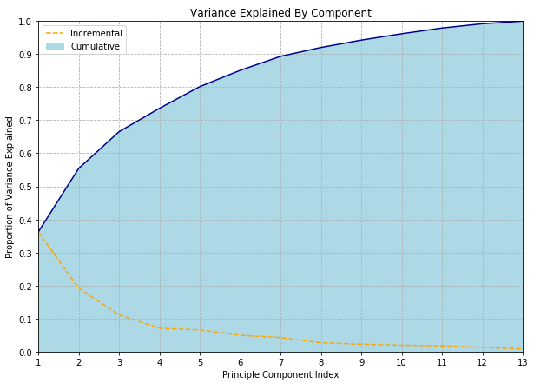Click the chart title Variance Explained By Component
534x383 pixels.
pos(280,13)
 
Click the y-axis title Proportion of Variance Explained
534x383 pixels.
pos(10,187)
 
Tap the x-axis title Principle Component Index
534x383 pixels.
pos(280,374)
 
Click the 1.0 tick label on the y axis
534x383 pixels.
pos(26,22)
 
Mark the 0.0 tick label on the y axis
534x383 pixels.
pos(26,353)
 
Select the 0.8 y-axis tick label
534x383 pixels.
pos(26,88)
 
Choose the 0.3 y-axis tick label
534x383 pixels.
pos(26,253)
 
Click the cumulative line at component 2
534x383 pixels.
pos(79,168)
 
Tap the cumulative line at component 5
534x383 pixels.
pos(200,87)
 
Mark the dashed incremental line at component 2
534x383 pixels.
pos(79,288)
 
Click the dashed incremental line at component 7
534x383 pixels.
pos(280,338)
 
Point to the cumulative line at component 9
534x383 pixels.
pos(361,40)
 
